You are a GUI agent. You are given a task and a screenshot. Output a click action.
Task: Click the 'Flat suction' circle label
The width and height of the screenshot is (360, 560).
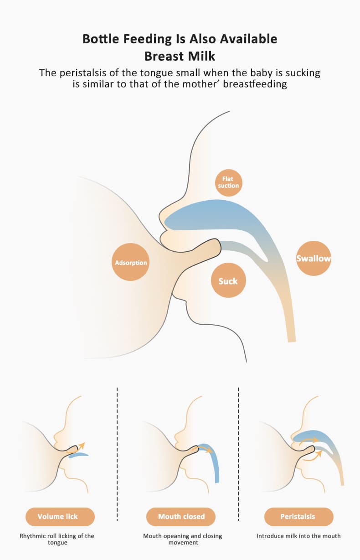[x=228, y=182]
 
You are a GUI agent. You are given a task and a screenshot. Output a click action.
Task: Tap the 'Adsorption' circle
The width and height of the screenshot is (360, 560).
[x=131, y=263]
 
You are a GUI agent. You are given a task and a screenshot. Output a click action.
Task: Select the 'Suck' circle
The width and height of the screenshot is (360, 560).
[x=228, y=281]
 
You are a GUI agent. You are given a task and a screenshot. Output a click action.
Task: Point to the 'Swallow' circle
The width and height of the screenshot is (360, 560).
[x=314, y=259]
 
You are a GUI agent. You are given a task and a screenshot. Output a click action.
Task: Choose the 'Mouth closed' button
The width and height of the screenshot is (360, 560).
[x=181, y=517]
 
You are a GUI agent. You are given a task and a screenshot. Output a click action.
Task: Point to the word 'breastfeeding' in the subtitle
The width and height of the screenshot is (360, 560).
[x=258, y=84]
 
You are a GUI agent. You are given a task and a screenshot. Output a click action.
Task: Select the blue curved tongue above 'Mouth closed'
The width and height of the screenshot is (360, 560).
[x=214, y=461]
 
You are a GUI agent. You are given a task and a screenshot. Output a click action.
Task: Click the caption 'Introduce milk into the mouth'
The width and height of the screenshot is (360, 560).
[x=298, y=536]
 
